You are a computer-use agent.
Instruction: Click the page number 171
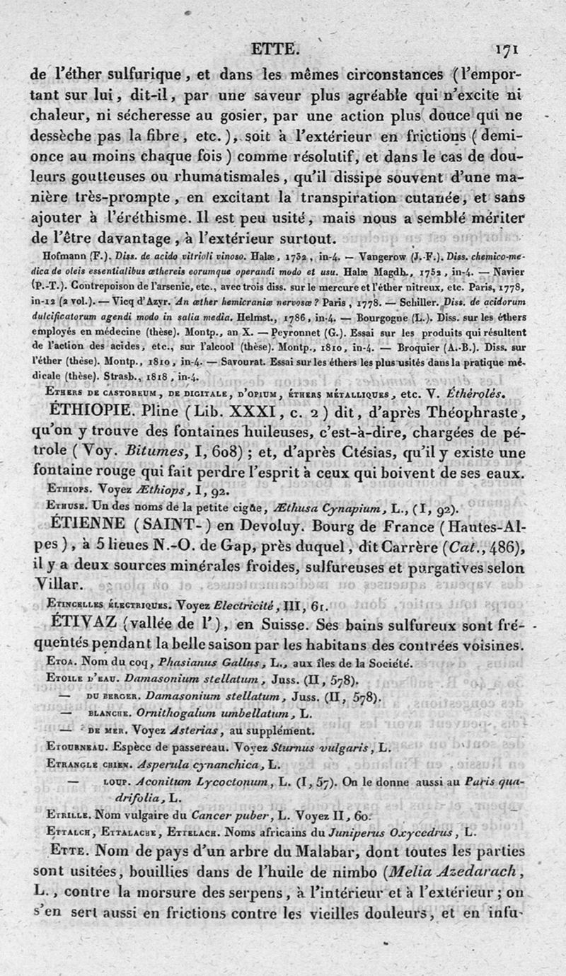coord(508,50)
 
